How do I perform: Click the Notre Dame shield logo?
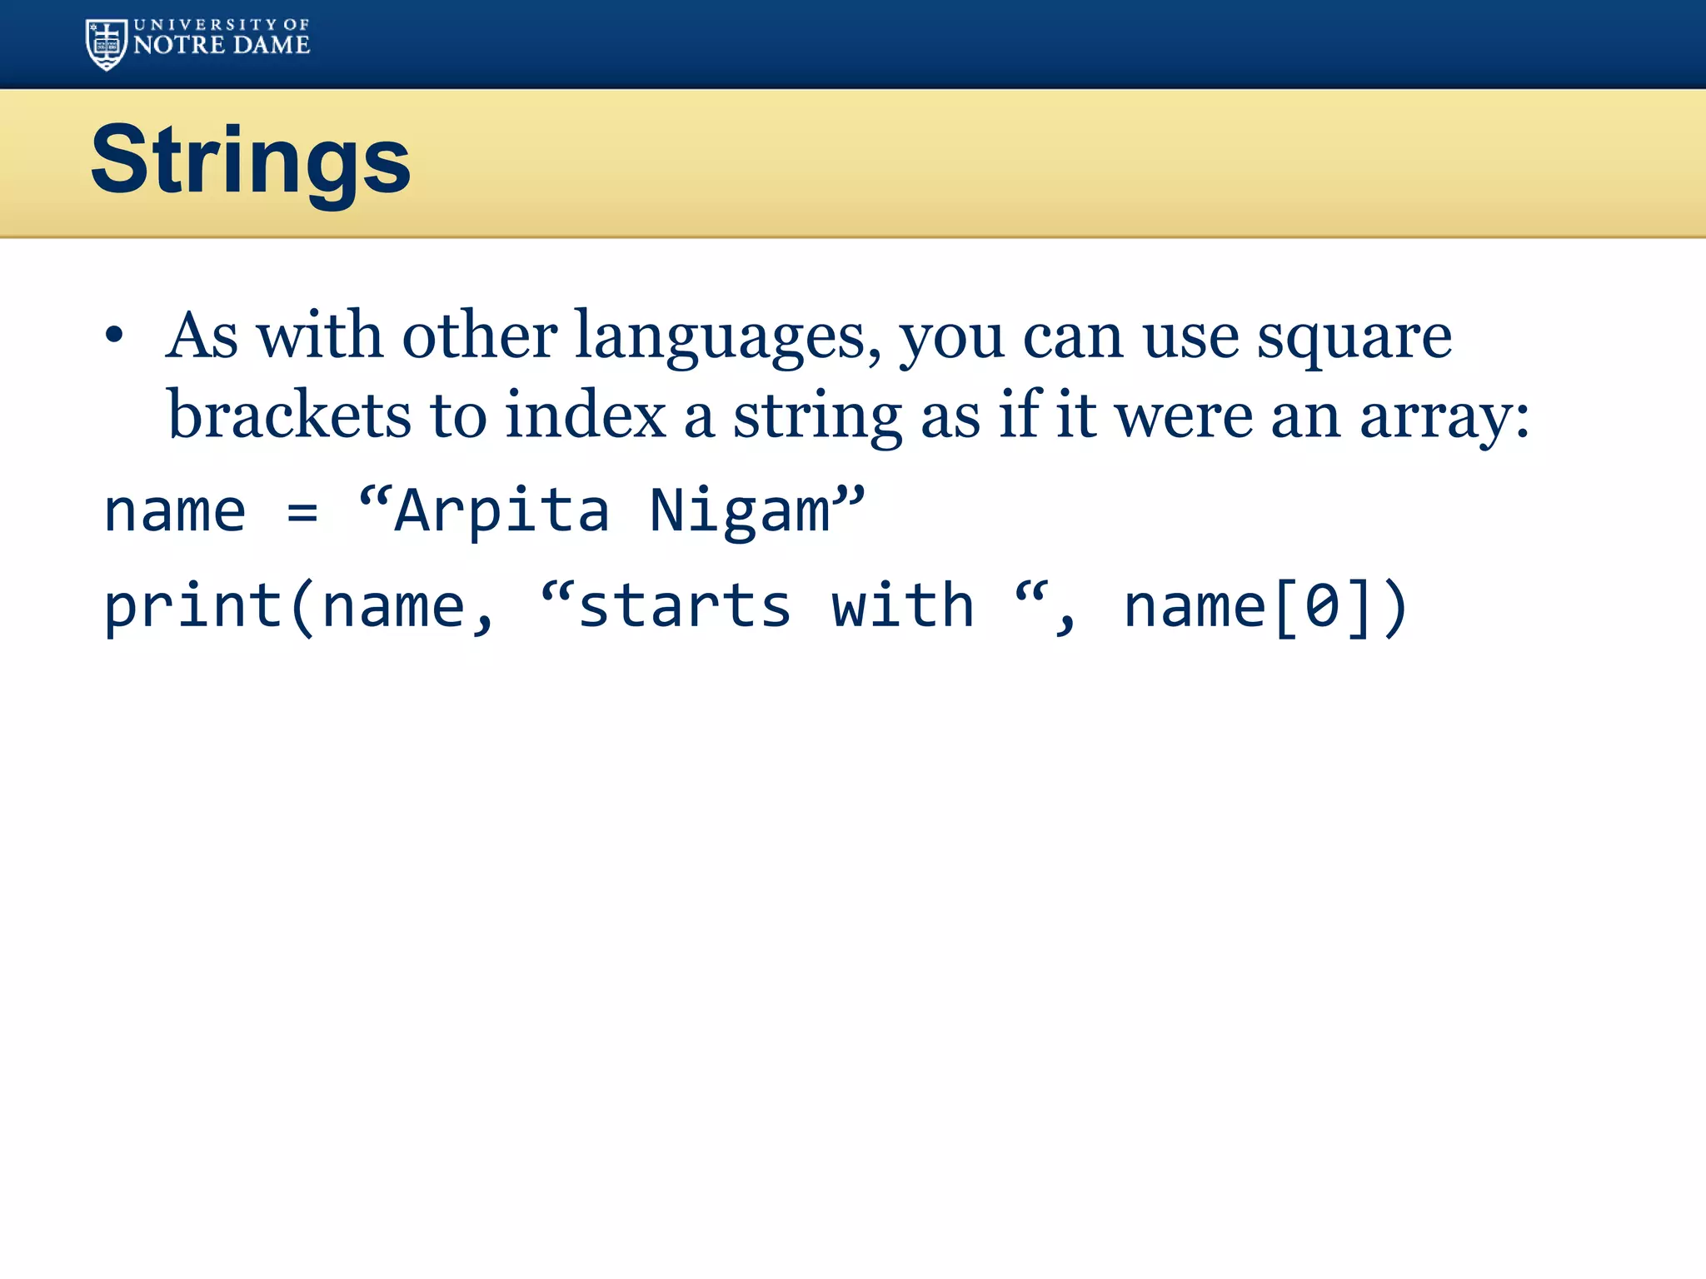point(107,44)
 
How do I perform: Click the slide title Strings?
point(251,160)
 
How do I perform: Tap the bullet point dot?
point(115,336)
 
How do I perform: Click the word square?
point(1354,337)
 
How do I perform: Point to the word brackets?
point(289,416)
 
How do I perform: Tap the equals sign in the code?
point(302,511)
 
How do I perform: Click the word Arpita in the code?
point(501,510)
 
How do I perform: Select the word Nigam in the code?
point(740,510)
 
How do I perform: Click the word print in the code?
point(192,606)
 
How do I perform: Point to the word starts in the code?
point(684,606)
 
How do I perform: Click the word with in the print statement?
point(902,605)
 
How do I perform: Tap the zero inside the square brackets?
point(1322,606)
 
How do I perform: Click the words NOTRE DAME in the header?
point(222,46)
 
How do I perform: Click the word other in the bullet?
point(480,336)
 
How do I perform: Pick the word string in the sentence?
point(817,416)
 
